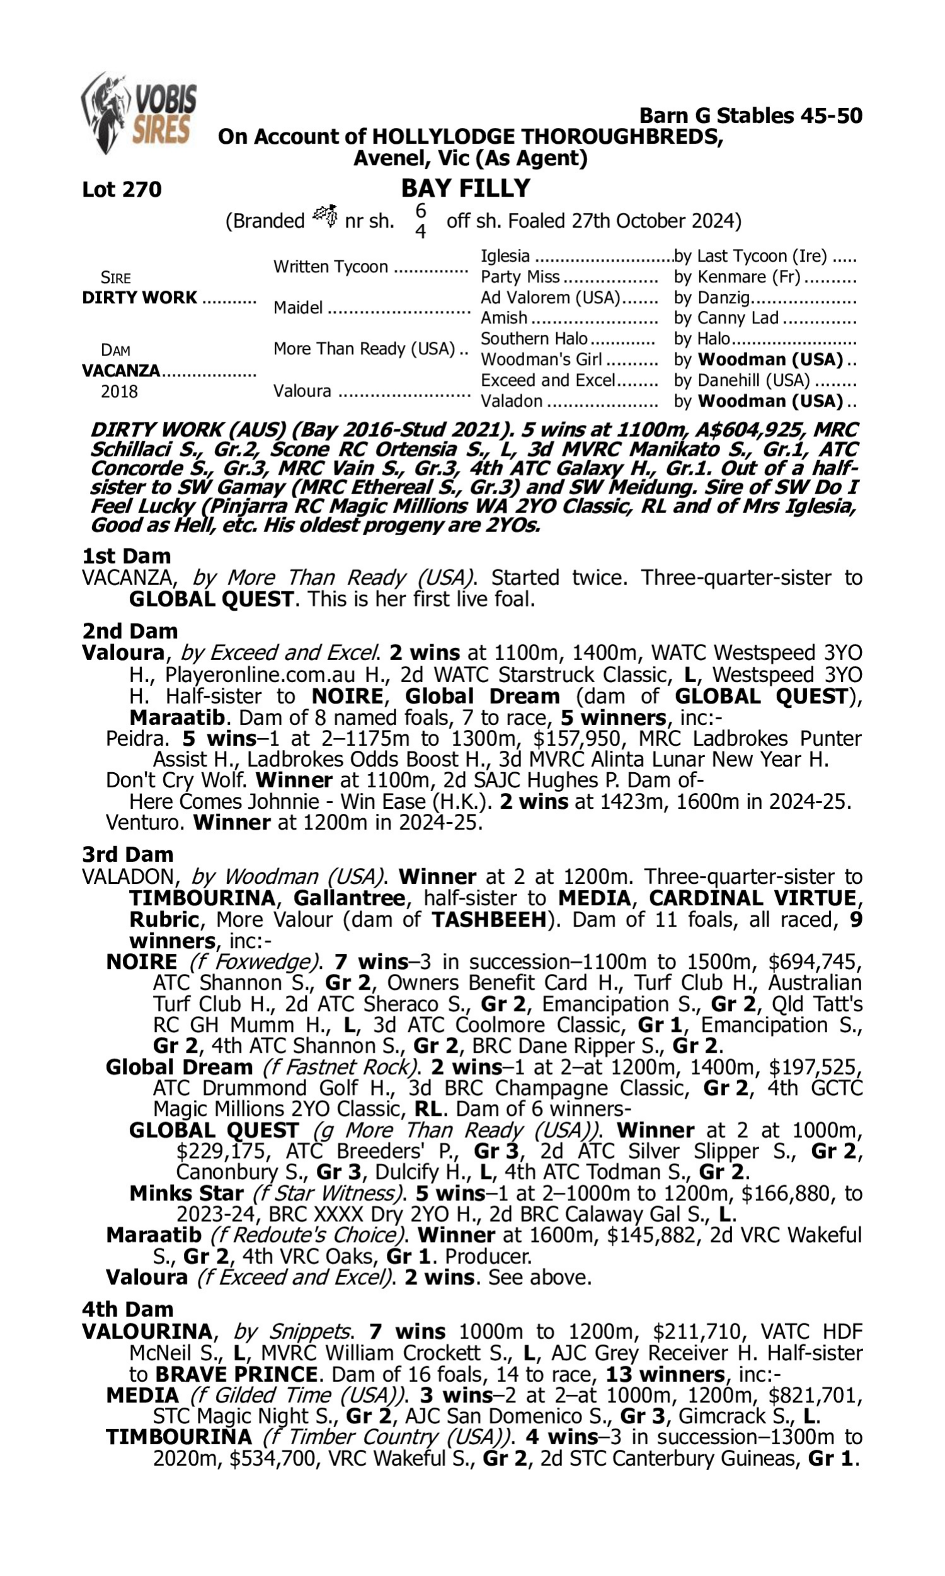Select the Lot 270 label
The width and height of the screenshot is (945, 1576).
tap(122, 189)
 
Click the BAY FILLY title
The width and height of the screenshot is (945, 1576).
tap(465, 188)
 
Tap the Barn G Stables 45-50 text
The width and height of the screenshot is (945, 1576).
tap(750, 115)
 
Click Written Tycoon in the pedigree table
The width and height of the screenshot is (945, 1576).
tap(331, 266)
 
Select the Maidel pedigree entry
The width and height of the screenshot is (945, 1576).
tap(298, 308)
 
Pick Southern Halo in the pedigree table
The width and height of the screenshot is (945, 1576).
tap(534, 339)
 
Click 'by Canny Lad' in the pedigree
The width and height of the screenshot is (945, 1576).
tap(726, 318)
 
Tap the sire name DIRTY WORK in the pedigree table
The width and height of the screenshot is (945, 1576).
tap(139, 298)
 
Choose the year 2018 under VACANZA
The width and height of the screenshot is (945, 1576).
tap(119, 391)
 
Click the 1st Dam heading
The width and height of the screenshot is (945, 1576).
tap(126, 555)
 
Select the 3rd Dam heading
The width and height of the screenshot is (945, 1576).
tap(127, 854)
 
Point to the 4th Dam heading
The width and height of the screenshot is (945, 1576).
tap(127, 1309)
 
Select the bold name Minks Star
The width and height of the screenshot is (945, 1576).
tap(186, 1193)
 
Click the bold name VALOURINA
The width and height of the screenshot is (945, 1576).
tap(146, 1331)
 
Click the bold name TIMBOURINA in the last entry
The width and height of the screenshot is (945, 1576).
tap(178, 1437)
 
